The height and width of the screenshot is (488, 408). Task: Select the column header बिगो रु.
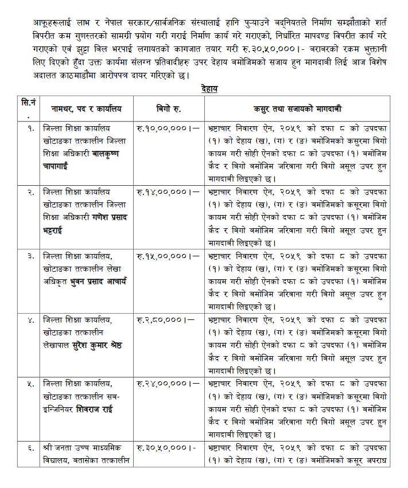point(169,108)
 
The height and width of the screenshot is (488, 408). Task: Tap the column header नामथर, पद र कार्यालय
point(86,108)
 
